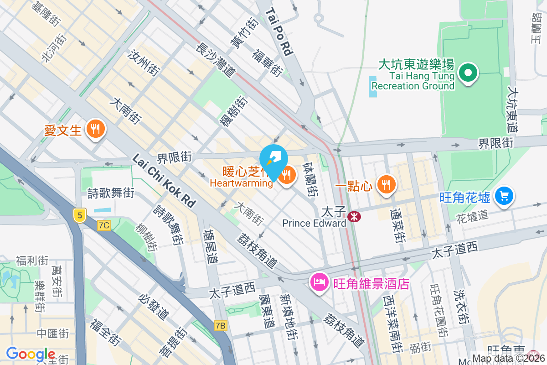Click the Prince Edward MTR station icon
pyautogui.click(x=354, y=217)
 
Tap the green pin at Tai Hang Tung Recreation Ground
pyautogui.click(x=468, y=73)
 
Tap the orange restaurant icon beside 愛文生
pyautogui.click(x=95, y=129)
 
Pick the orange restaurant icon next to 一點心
pyautogui.click(x=387, y=184)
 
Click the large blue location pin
pyautogui.click(x=273, y=160)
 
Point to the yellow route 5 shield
pyautogui.click(x=79, y=215)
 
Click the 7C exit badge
pyautogui.click(x=104, y=225)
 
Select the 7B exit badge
pyautogui.click(x=221, y=326)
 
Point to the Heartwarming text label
pyautogui.click(x=242, y=183)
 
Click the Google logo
pyautogui.click(x=31, y=354)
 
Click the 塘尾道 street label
pyautogui.click(x=211, y=247)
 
